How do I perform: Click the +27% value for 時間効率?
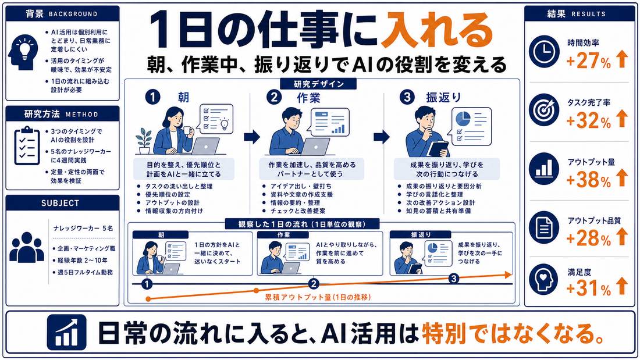pos(589,61)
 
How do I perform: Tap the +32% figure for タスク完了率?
pos(589,120)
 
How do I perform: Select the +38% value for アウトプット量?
pos(589,180)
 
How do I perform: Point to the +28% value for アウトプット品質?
pos(589,238)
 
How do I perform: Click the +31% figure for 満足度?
pos(589,288)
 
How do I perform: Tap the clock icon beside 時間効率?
pos(544,51)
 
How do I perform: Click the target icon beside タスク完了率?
pos(544,110)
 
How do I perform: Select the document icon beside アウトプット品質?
pos(544,227)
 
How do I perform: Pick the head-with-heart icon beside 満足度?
pos(544,279)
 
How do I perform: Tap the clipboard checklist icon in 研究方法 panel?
pos(27,145)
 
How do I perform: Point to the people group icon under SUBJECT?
pos(27,247)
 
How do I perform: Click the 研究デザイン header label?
pos(318,84)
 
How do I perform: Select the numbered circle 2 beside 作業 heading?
pos(274,98)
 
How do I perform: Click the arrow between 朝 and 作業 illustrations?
pos(252,137)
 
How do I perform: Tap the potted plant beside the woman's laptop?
pos(144,141)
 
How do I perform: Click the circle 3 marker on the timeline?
pos(453,279)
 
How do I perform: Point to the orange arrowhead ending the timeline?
pos(509,275)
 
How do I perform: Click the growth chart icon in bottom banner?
pos(66,333)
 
